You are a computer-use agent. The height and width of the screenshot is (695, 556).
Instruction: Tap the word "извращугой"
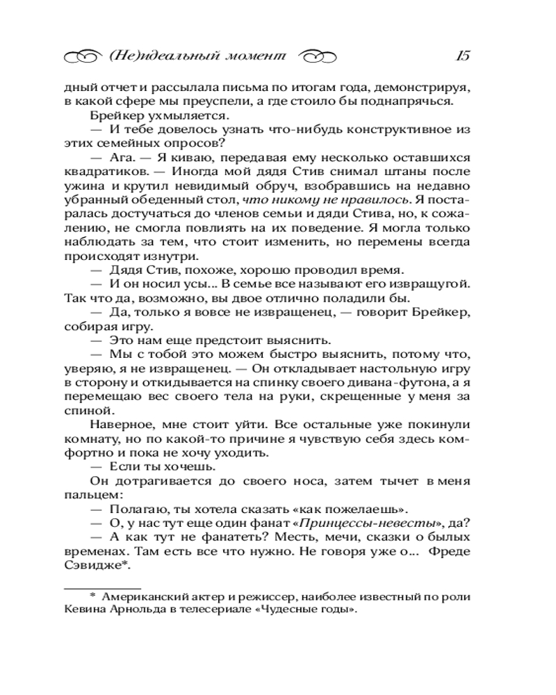point(435,285)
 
